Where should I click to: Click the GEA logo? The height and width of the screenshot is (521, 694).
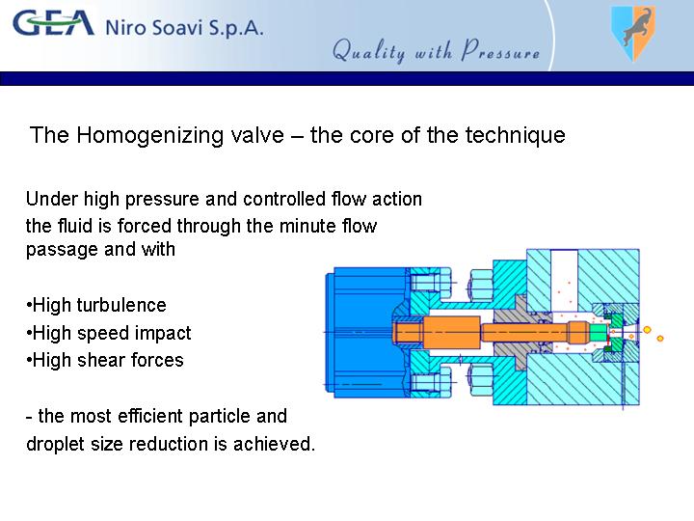coord(54,23)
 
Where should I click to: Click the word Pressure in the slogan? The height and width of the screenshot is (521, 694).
coord(500,50)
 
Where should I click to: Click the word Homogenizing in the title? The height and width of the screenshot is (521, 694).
coord(180,136)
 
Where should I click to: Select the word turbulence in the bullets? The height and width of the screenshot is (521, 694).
coord(121,305)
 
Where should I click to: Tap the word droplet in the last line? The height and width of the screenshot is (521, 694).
coord(55,444)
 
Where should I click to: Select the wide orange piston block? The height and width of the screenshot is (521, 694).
coord(452,332)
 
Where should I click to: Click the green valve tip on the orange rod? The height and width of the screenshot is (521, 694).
coord(598,332)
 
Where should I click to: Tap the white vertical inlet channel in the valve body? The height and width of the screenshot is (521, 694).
coord(564,280)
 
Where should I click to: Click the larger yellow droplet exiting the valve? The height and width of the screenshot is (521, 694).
coord(647,330)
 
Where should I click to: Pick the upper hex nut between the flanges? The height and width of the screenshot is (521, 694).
coord(480,285)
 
